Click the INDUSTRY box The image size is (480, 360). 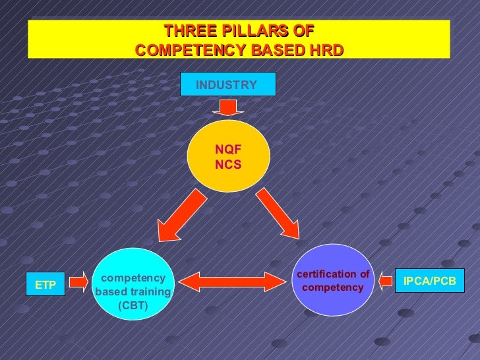(x=227, y=84)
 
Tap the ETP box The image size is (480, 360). (x=45, y=284)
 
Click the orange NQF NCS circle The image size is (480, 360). (x=228, y=157)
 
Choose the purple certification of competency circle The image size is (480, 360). (x=333, y=280)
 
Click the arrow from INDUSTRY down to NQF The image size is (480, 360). (x=227, y=106)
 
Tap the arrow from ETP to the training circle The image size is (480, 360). (x=78, y=282)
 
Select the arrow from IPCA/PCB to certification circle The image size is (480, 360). (x=384, y=282)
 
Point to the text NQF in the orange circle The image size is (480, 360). (x=228, y=150)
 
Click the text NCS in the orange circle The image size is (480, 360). (x=228, y=164)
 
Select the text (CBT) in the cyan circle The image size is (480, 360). (x=133, y=305)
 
